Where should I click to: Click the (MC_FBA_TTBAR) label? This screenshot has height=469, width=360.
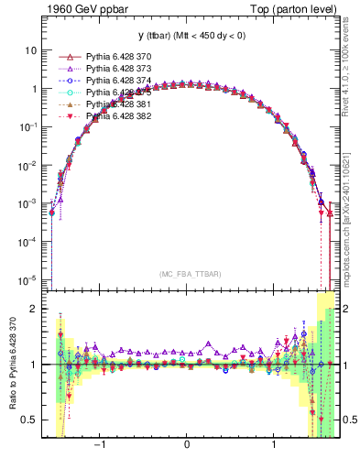[188, 274]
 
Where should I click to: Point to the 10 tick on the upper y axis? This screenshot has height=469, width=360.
[33, 51]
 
